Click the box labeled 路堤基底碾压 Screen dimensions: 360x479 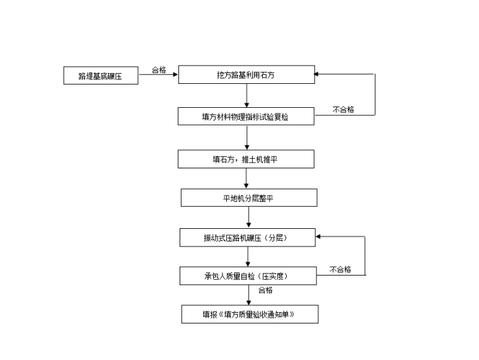point(101,76)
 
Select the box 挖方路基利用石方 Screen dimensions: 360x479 point(246,74)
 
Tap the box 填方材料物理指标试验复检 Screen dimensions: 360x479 point(246,116)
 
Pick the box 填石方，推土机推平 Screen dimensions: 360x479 point(246,159)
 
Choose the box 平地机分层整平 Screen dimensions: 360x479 point(249,197)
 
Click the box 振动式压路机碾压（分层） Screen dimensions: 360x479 point(247,237)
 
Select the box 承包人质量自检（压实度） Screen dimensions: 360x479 point(247,276)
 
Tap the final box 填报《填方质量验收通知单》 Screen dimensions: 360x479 point(250,314)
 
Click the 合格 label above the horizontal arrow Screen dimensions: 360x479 point(159,70)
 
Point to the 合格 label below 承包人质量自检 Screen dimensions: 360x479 point(265,290)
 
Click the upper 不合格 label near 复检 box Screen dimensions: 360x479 point(343,110)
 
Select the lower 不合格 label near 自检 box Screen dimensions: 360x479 point(340,269)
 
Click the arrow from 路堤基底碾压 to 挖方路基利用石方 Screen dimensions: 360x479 point(158,75)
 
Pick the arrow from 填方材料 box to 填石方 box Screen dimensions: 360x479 point(246,137)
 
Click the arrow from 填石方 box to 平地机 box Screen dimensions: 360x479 point(246,178)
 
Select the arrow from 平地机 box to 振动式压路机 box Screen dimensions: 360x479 point(249,218)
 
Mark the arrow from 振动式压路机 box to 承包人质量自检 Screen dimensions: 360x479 point(248,256)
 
